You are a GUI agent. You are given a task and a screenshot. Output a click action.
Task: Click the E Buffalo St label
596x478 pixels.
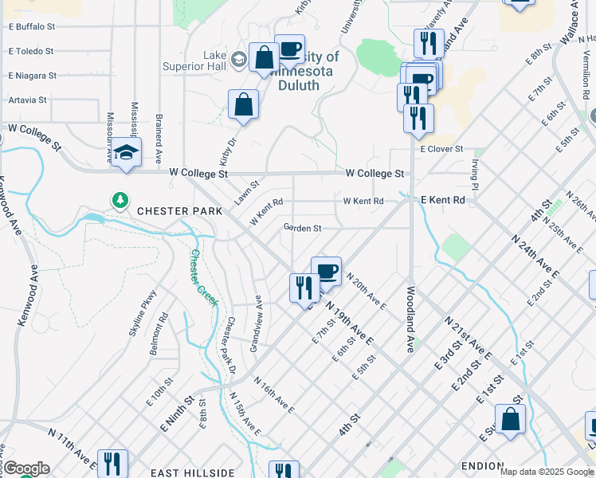pyautogui.click(x=31, y=26)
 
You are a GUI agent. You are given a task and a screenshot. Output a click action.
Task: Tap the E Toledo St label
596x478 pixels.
pyautogui.click(x=30, y=51)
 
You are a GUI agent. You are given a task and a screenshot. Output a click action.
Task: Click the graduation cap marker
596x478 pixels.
pyautogui.click(x=126, y=151)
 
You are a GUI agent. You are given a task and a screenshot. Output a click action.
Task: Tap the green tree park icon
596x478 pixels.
pyautogui.click(x=120, y=200)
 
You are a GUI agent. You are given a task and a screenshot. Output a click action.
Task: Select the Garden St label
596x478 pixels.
pyautogui.click(x=303, y=229)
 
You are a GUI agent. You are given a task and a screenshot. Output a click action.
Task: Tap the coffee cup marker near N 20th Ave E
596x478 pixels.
pyautogui.click(x=326, y=272)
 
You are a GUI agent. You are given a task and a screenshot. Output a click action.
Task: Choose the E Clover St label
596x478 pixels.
pyautogui.click(x=441, y=149)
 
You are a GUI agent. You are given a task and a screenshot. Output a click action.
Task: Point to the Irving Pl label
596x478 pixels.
pyautogui.click(x=474, y=175)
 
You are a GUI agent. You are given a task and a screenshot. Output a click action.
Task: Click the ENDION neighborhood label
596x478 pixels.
pyautogui.click(x=482, y=466)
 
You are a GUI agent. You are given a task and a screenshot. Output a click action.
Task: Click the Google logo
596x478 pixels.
pyautogui.click(x=26, y=468)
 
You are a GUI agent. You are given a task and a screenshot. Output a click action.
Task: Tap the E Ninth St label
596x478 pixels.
pyautogui.click(x=178, y=415)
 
